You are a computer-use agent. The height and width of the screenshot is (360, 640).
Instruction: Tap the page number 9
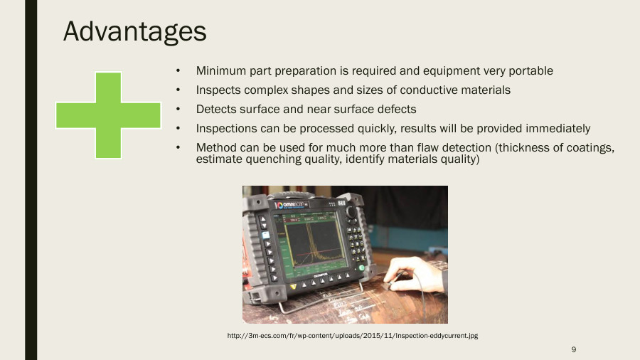[x=573, y=349]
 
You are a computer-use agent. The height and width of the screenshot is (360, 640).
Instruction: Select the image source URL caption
[x=351, y=335]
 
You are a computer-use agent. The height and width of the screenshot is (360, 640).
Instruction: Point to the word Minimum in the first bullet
[x=220, y=71]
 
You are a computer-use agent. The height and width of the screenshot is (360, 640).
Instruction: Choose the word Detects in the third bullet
[x=216, y=110]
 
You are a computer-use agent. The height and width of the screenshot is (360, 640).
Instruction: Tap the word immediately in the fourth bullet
[x=555, y=129]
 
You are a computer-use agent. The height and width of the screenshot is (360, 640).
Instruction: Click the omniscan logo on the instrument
[x=294, y=204]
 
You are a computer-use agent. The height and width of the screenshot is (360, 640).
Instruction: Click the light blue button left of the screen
[x=265, y=235]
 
